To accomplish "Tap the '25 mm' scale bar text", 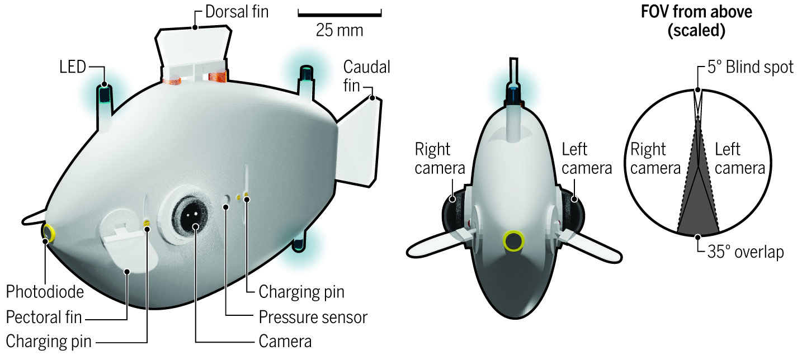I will (x=339, y=30).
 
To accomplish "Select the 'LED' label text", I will (x=73, y=68).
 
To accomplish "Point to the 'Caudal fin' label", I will (x=366, y=77).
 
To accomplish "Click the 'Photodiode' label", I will (x=45, y=291).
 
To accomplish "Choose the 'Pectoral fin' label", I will (x=44, y=318).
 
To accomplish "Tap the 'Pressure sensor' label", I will (x=313, y=318).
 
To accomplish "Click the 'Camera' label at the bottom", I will (x=285, y=340).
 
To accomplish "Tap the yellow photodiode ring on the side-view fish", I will (x=49, y=233).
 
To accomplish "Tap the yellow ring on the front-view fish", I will (x=513, y=240).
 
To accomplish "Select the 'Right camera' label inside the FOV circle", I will (x=655, y=158).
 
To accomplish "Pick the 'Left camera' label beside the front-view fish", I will (x=587, y=158).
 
